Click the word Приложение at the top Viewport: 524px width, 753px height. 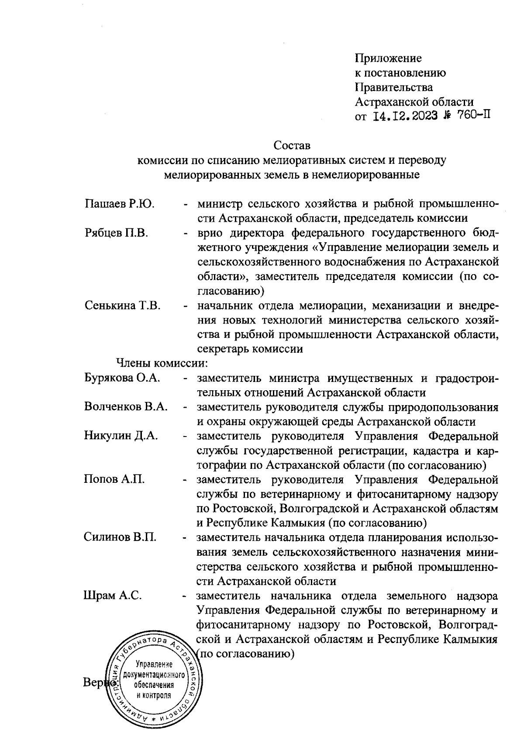click(x=388, y=58)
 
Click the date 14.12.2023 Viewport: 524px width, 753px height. click(x=406, y=117)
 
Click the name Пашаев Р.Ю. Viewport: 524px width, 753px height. click(x=120, y=204)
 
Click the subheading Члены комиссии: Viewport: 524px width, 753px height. click(x=161, y=363)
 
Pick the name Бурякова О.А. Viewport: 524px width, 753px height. click(x=122, y=378)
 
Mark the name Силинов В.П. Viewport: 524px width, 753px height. click(x=120, y=537)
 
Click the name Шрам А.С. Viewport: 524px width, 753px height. click(x=112, y=595)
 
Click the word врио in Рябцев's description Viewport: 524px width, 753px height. click(x=210, y=233)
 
